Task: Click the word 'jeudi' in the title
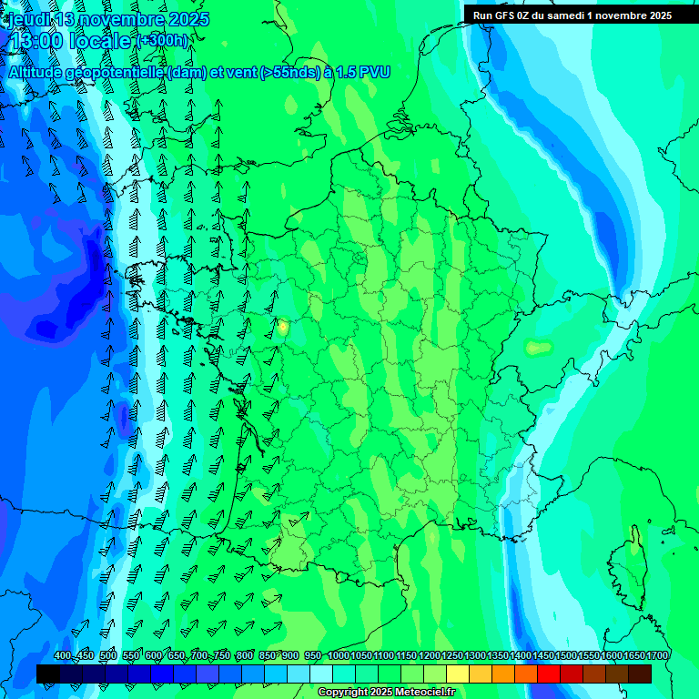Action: click(x=26, y=19)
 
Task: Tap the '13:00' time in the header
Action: click(x=36, y=42)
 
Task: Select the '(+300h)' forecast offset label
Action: click(x=164, y=41)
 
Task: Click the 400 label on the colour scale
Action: click(x=63, y=656)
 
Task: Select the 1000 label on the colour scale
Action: click(x=339, y=656)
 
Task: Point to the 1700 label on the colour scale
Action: click(x=657, y=656)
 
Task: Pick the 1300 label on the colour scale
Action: click(x=475, y=656)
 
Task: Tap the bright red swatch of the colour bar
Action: click(x=549, y=674)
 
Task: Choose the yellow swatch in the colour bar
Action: click(x=458, y=674)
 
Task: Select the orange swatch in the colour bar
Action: click(x=503, y=674)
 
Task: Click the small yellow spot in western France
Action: click(x=282, y=326)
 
